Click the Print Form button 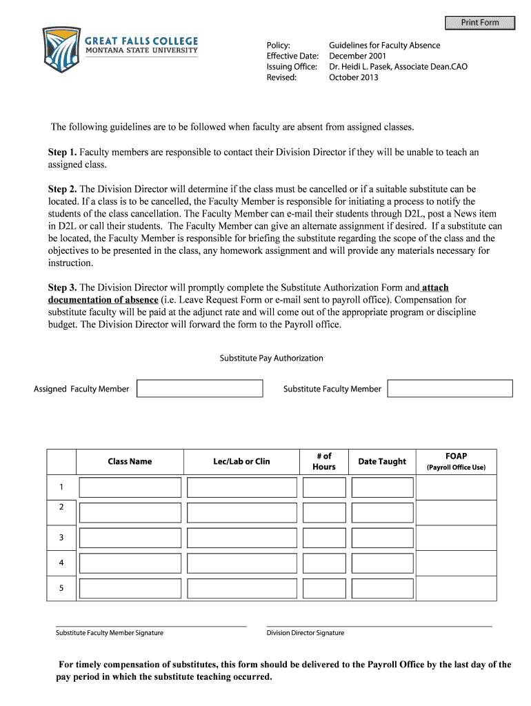click(x=480, y=23)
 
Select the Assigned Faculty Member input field click(x=199, y=388)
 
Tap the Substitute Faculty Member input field click(x=450, y=388)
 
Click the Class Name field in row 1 click(x=130, y=487)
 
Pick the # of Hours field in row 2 click(x=323, y=513)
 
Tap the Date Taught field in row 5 click(x=382, y=589)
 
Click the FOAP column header click(x=456, y=456)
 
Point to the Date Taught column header click(x=382, y=461)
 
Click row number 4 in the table click(x=61, y=563)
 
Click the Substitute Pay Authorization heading click(x=271, y=358)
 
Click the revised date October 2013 click(x=354, y=77)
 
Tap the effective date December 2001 click(x=357, y=56)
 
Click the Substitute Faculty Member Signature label click(x=110, y=633)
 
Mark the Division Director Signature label click(x=305, y=633)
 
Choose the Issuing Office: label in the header click(x=292, y=67)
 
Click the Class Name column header click(x=130, y=461)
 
